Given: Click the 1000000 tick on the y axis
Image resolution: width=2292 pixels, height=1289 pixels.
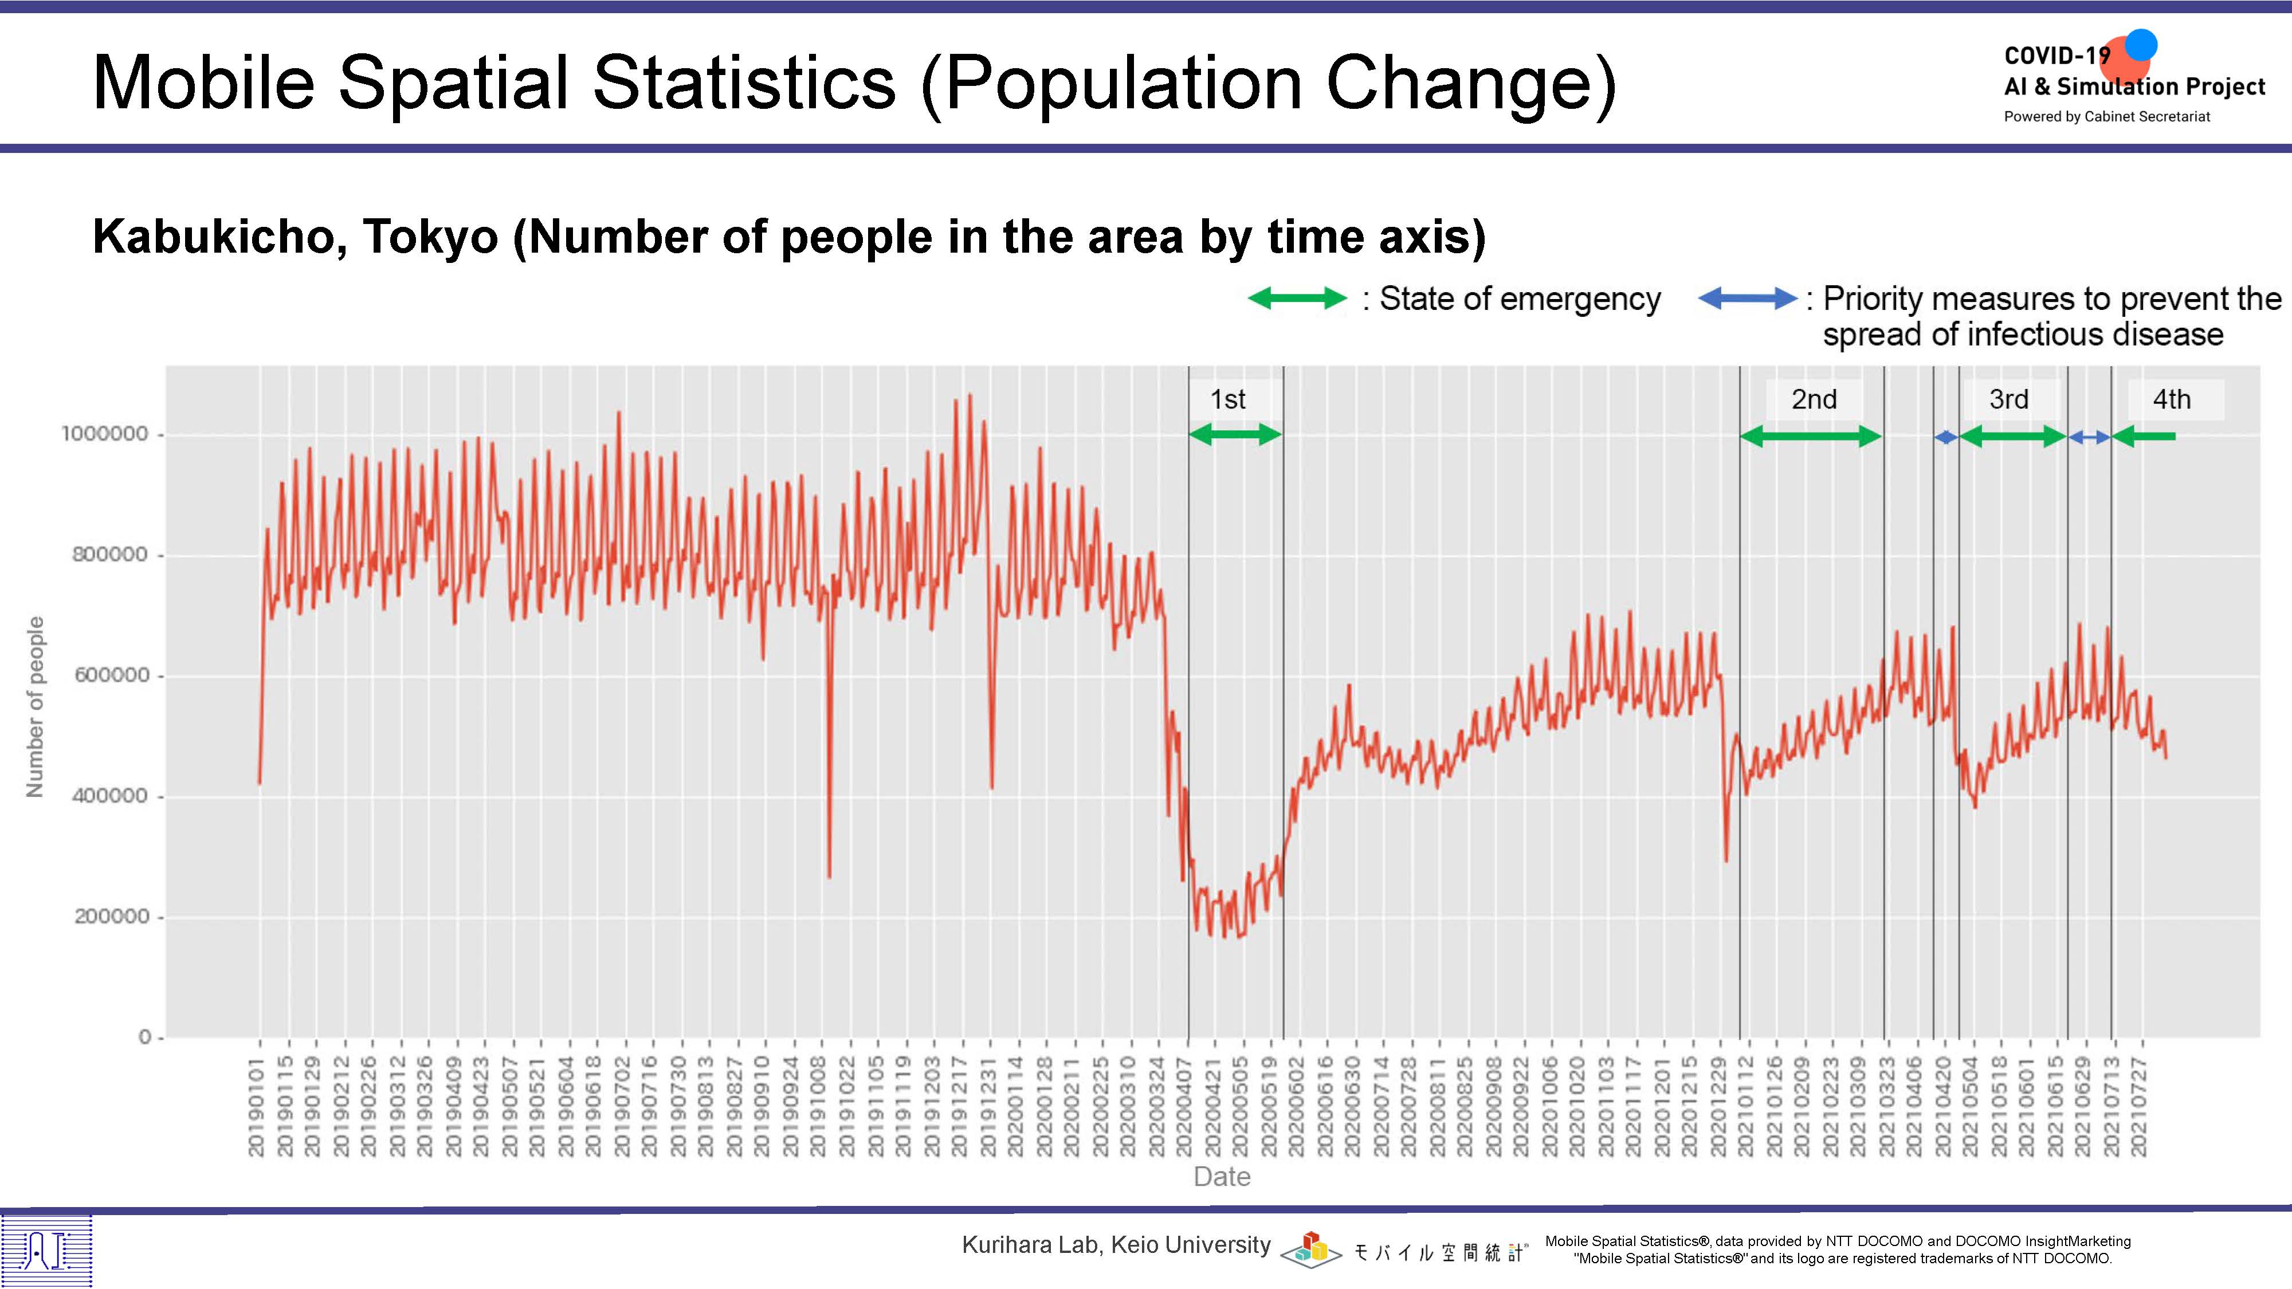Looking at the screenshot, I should pyautogui.click(x=104, y=434).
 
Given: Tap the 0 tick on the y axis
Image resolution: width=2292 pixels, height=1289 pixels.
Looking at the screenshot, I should pyautogui.click(x=145, y=1038).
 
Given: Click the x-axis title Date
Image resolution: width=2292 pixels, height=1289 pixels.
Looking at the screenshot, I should pyautogui.click(x=1222, y=1177).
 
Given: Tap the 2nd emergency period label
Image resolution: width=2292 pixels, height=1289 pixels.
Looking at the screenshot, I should pyautogui.click(x=1814, y=399).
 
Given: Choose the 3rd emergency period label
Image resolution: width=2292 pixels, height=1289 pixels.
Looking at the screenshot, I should pyautogui.click(x=2009, y=399).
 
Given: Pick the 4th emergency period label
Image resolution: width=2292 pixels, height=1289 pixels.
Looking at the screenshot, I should pyautogui.click(x=2171, y=399).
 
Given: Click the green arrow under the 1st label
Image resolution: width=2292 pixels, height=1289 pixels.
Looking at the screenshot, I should pyautogui.click(x=1235, y=435).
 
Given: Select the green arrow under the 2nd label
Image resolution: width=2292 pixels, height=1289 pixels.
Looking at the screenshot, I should pyautogui.click(x=1811, y=437).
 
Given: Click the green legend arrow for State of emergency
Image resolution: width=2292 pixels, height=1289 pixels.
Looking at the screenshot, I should pyautogui.click(x=1297, y=299).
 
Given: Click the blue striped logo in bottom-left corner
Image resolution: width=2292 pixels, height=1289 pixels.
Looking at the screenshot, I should pyautogui.click(x=46, y=1251).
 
